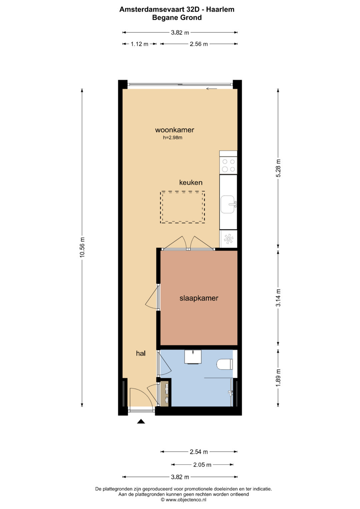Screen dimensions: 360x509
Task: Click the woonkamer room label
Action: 175,130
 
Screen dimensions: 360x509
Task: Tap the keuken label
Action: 191,182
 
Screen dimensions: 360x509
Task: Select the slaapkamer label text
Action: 199,298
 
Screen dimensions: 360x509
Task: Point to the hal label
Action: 141,353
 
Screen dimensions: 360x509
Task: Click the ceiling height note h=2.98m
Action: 173,137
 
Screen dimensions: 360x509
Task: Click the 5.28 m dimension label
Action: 278,168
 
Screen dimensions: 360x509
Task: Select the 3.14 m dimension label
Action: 278,298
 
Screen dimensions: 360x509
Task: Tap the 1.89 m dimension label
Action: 278,377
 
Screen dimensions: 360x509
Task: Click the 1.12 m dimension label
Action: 139,44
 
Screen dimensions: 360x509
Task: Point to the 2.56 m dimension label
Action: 199,44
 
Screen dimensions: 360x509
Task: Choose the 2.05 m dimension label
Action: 202,465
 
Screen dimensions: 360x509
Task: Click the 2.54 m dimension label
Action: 199,452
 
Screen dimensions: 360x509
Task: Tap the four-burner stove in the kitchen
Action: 228,165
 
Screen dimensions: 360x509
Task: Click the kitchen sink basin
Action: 228,204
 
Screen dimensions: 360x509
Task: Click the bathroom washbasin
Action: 193,357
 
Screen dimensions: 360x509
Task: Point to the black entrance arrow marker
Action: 141,421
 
